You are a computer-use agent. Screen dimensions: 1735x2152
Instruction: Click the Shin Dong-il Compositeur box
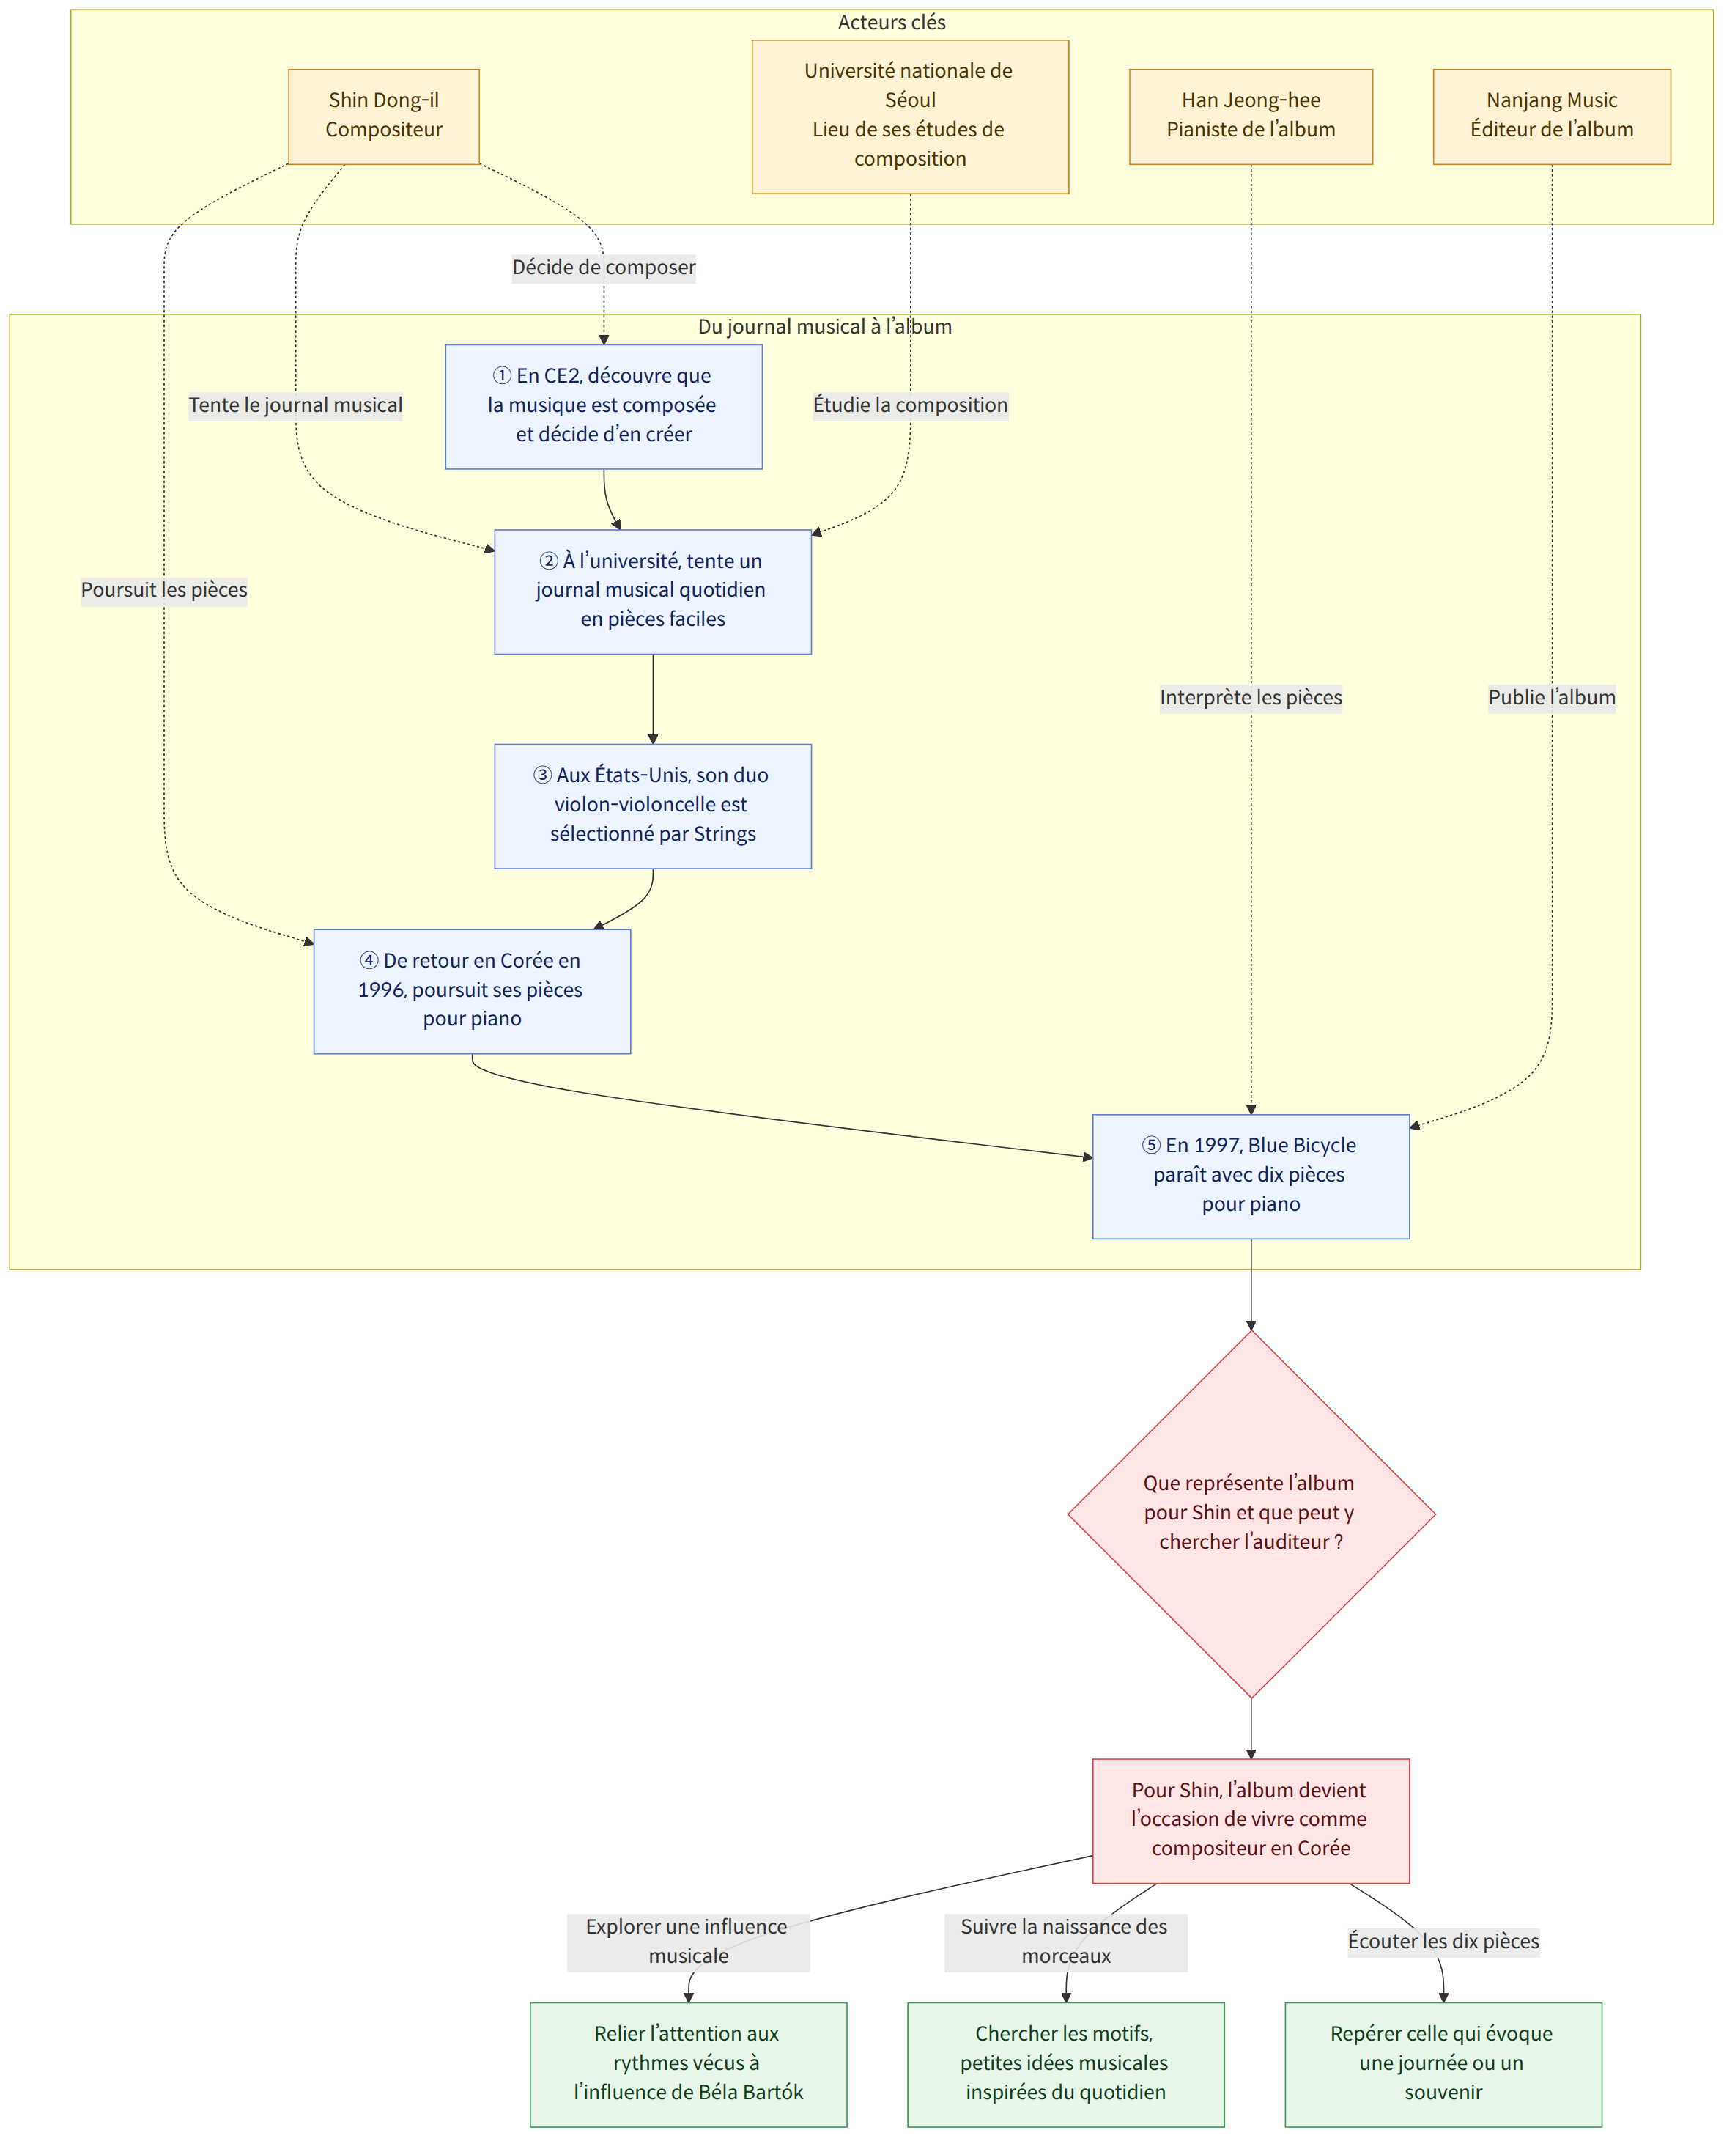[384, 116]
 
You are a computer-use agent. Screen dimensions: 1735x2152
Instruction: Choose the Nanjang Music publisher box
[1551, 116]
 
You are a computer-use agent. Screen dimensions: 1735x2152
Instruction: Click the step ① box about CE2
[604, 407]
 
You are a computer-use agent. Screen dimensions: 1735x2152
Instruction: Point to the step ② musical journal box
[653, 592]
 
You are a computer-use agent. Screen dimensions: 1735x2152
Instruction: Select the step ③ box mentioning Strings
[653, 806]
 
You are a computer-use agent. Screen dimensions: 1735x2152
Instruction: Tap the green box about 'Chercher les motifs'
[1065, 2064]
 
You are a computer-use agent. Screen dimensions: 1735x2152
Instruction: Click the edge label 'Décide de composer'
[604, 268]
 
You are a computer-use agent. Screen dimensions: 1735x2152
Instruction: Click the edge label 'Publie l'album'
[1551, 698]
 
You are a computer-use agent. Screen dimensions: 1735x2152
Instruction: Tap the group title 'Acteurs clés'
[892, 23]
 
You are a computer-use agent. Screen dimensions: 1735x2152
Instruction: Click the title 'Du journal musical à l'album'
[824, 327]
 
